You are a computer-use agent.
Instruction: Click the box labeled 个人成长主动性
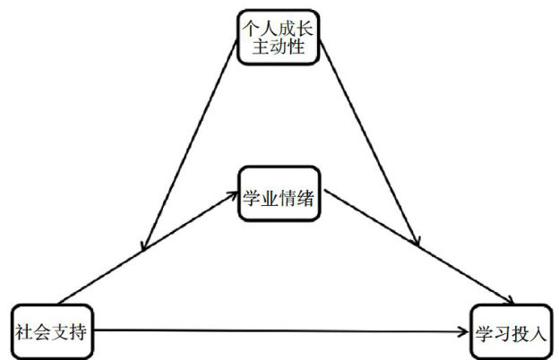click(x=279, y=37)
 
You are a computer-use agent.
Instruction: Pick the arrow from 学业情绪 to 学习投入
click(x=421, y=246)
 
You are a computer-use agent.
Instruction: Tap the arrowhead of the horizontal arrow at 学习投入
click(x=463, y=332)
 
